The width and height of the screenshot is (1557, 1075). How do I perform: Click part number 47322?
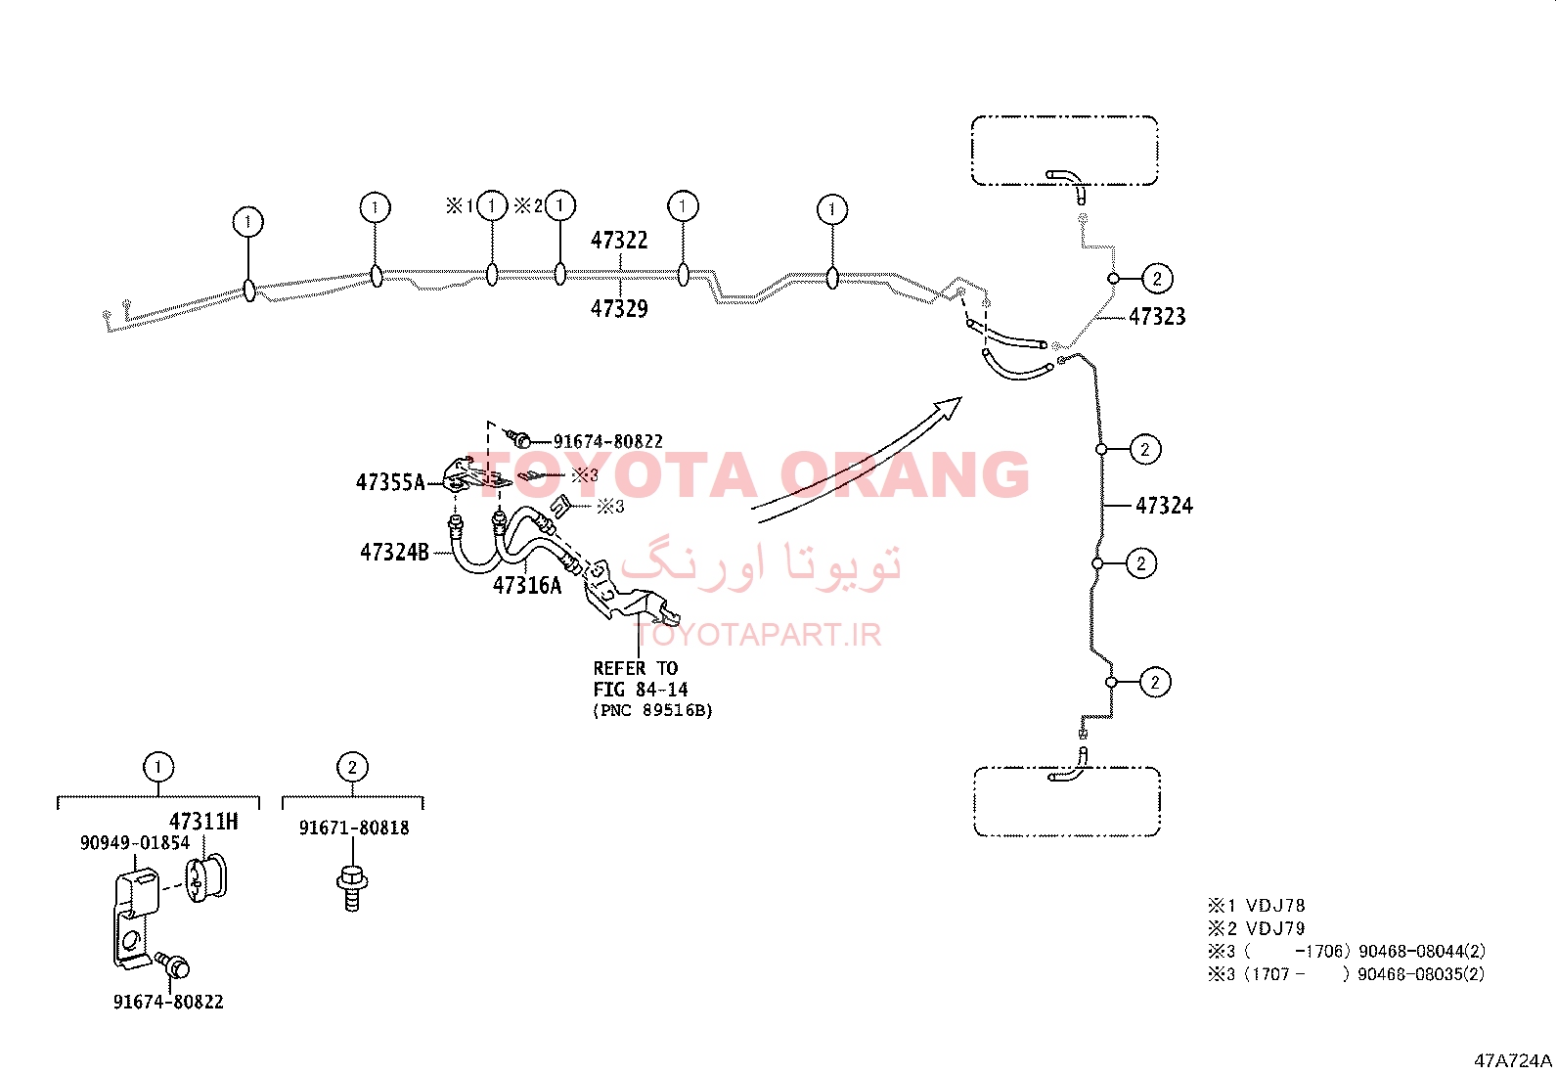coord(619,241)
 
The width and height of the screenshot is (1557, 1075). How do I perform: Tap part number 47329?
coord(619,309)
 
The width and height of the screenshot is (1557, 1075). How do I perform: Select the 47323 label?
coord(1157,317)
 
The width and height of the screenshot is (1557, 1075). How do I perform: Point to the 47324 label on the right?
coord(1164,506)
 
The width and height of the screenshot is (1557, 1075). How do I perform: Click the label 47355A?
coord(390,482)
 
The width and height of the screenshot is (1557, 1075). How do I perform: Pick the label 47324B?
coord(394,552)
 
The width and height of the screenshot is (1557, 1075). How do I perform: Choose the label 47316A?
coord(527,586)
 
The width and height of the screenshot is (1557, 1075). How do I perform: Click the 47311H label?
coord(203,822)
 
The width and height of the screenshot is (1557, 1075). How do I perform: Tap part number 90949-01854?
coord(135,843)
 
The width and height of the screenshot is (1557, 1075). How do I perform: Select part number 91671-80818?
coord(354,828)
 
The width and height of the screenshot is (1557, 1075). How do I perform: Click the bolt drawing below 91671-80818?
coord(352,888)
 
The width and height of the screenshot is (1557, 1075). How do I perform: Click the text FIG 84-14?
coord(641,690)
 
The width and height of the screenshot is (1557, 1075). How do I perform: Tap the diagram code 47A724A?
coord(1513,1060)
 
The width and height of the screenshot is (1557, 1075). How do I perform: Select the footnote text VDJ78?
coord(1274,906)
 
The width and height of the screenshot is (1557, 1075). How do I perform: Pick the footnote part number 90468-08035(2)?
coord(1421,974)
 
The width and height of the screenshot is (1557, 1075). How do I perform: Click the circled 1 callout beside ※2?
coord(560,205)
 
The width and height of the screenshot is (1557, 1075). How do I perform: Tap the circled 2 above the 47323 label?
coord(1157,279)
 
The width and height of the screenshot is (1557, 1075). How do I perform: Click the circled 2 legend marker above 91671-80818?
coord(352,767)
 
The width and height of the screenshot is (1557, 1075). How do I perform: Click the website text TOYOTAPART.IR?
coord(758,635)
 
